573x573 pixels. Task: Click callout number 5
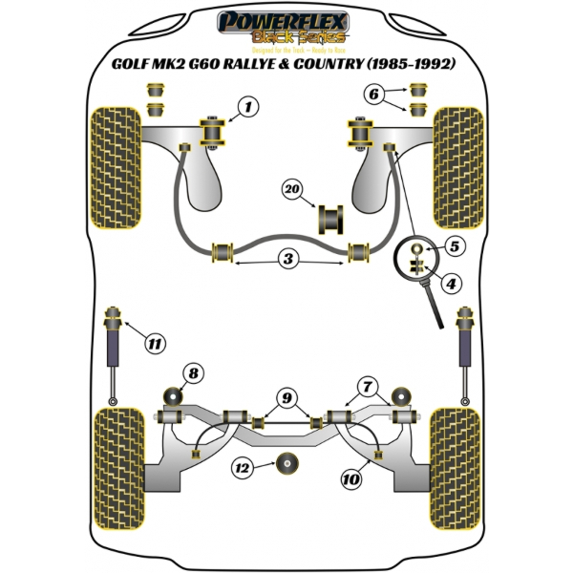[453, 246]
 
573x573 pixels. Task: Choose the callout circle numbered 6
[375, 94]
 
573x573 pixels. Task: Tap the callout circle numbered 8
[194, 372]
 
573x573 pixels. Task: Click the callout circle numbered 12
[243, 468]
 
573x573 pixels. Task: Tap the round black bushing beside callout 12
[284, 467]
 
